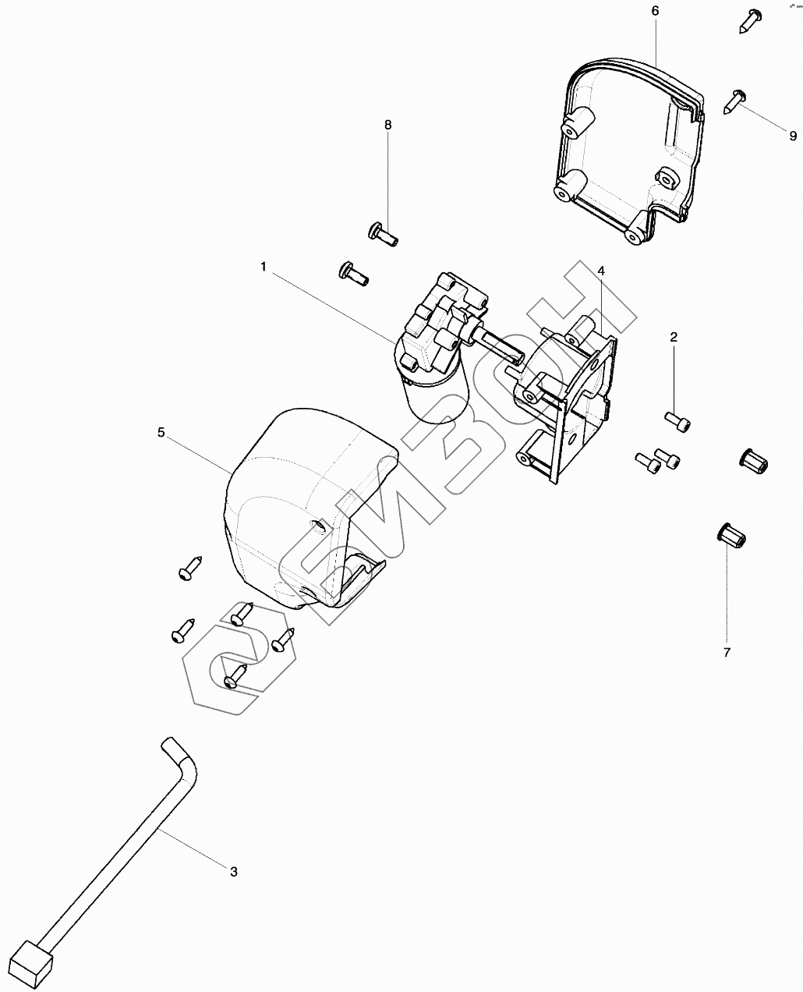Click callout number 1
coord(264,267)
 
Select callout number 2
coord(674,337)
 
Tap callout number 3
coord(233,871)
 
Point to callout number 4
coord(601,271)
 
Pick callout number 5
coord(161,432)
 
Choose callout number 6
coord(655,10)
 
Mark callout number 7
coord(727,653)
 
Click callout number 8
coord(387,125)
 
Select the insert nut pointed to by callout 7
coord(731,537)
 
